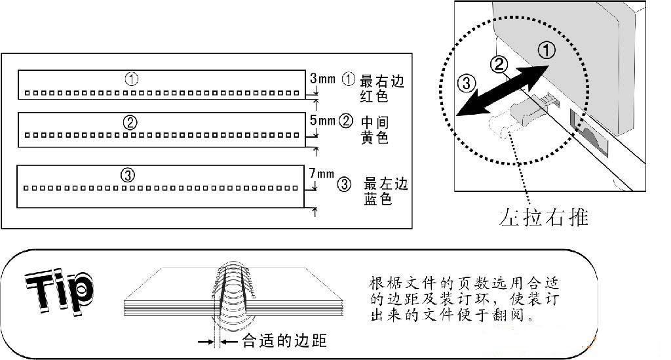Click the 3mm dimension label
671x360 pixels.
pyautogui.click(x=322, y=79)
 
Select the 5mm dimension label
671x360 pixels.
pyautogui.click(x=322, y=121)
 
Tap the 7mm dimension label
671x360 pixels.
pyautogui.click(x=321, y=174)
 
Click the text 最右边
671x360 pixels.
pyautogui.click(x=383, y=81)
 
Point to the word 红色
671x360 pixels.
pyautogui.click(x=374, y=96)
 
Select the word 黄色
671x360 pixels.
pyautogui.click(x=374, y=138)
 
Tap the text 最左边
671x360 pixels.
pyautogui.click(x=386, y=184)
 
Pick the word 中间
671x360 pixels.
pyautogui.click(x=374, y=122)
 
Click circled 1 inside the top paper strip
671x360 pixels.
pyautogui.click(x=132, y=79)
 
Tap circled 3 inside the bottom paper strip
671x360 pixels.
pyautogui.click(x=128, y=175)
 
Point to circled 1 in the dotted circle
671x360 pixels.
pyautogui.click(x=546, y=51)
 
